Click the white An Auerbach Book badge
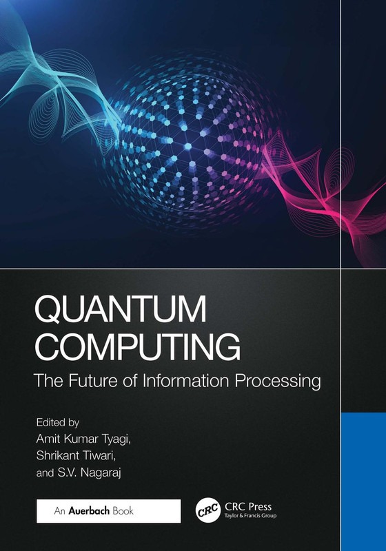pos(108,511)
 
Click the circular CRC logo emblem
pos(208,512)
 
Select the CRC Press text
pos(248,507)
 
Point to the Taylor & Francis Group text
pos(254,519)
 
